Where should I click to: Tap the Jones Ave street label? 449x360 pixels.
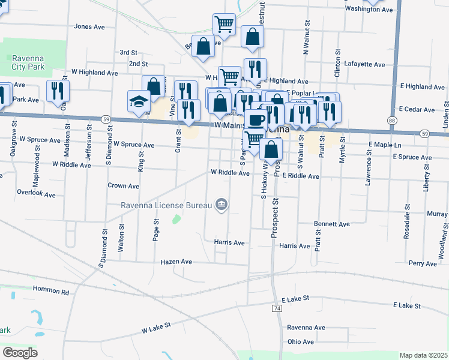(x=89, y=27)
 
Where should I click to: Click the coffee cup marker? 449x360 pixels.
(x=256, y=119)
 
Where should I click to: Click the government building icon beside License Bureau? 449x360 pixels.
(x=221, y=205)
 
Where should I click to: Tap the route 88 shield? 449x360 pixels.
(x=392, y=121)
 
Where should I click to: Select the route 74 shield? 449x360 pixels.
(x=277, y=308)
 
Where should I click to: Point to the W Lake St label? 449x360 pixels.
(x=157, y=327)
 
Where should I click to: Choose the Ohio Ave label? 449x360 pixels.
(x=300, y=342)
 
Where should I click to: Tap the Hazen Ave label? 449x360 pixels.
(x=176, y=262)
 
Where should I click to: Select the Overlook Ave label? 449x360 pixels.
(x=36, y=195)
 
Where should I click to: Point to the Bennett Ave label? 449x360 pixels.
(x=332, y=224)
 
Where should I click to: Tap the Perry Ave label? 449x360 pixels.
(x=422, y=263)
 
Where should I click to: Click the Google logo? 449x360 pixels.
(x=20, y=353)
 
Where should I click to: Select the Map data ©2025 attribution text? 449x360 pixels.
(x=423, y=355)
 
